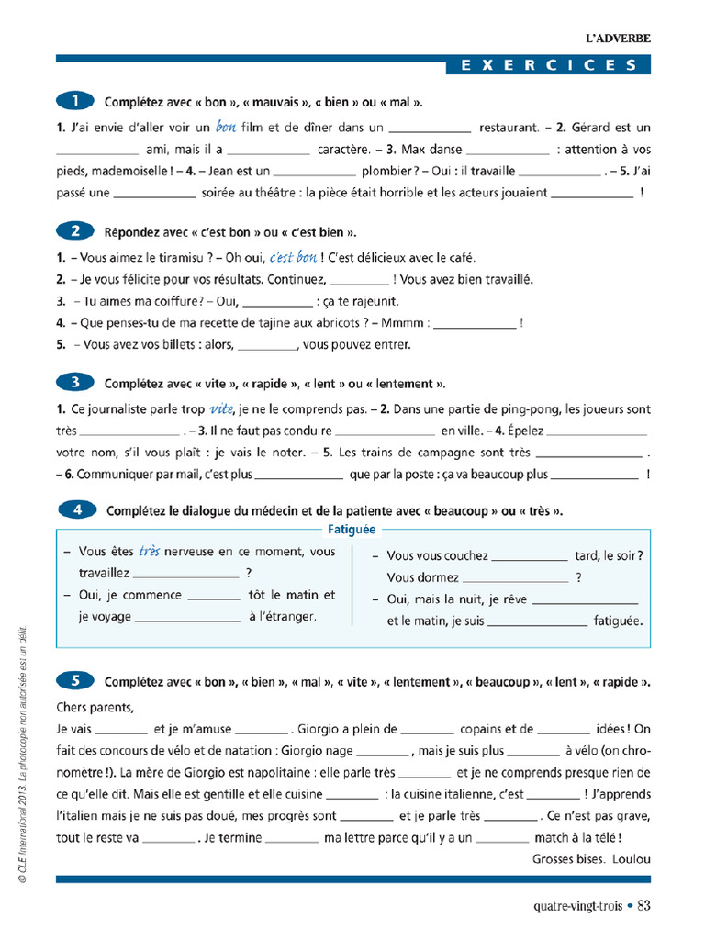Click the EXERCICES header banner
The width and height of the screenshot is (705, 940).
click(x=548, y=65)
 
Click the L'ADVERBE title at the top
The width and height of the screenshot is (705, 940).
click(x=618, y=39)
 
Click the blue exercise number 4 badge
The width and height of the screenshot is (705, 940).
click(x=77, y=509)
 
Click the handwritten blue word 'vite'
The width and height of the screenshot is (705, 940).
click(x=222, y=408)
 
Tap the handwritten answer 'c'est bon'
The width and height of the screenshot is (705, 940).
click(x=293, y=257)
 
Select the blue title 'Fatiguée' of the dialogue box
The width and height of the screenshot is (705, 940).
click(x=352, y=530)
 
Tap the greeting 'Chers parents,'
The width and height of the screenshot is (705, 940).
click(x=95, y=707)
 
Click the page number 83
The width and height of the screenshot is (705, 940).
click(x=643, y=906)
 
